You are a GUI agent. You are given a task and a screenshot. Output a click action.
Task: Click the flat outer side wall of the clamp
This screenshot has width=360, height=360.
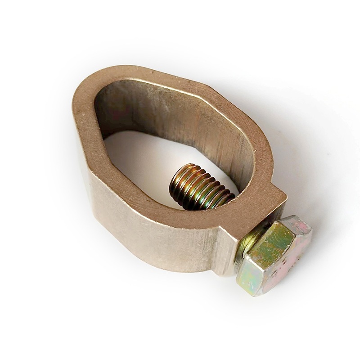(x=148, y=234)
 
